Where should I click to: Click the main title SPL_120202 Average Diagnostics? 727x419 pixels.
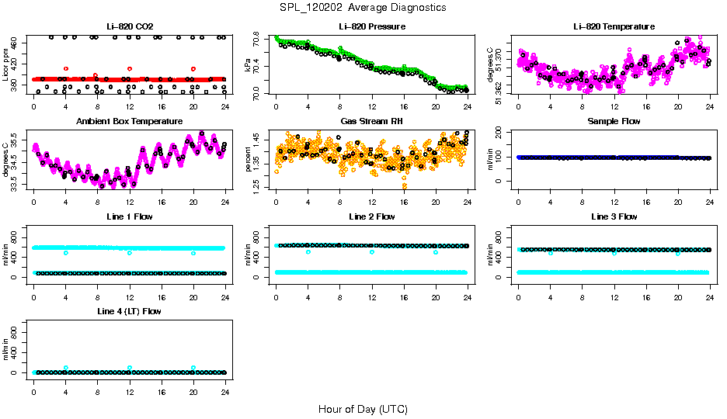(363, 7)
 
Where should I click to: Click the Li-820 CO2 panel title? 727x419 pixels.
(129, 26)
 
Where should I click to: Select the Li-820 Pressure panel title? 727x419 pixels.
(372, 26)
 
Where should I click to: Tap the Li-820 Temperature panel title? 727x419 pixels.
(614, 26)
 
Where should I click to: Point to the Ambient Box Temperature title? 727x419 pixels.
(129, 122)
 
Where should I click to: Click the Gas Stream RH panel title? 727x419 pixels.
(372, 122)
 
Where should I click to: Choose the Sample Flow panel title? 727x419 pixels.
(614, 122)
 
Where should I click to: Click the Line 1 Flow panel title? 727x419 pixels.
(129, 216)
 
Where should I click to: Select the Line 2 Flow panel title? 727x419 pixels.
(372, 216)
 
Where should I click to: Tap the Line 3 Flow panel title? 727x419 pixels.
(614, 216)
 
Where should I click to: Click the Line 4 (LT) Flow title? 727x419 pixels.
(129, 311)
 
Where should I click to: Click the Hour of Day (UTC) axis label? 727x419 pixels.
(363, 408)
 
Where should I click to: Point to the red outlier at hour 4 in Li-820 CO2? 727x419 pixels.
(66, 69)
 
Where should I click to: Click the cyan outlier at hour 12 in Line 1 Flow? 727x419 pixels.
(130, 253)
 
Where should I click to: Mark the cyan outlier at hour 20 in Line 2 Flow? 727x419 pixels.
(436, 252)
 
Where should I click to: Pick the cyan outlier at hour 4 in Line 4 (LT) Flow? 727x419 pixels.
(66, 368)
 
